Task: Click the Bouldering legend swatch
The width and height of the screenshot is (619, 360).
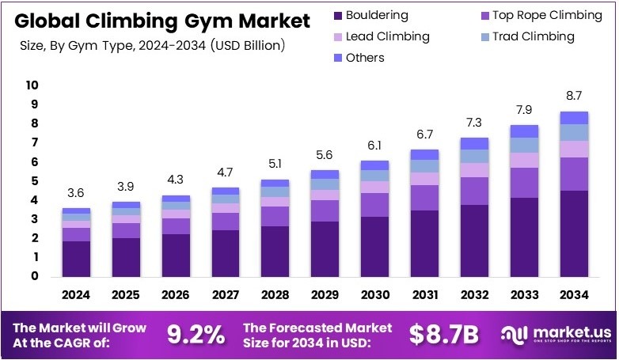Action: coord(340,15)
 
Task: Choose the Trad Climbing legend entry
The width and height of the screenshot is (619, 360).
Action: coord(533,36)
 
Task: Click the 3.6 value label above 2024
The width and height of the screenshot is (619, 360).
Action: coord(76,193)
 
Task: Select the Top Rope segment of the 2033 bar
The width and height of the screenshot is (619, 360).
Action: coord(525,182)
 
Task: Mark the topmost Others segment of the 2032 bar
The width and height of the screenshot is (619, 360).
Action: coord(475,143)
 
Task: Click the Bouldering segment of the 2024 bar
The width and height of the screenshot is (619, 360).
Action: coord(76,259)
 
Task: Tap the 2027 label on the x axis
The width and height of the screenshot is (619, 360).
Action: coord(226,295)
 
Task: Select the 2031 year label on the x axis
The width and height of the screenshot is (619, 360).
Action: coord(425,295)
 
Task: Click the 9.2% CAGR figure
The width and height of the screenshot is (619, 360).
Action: coord(196,335)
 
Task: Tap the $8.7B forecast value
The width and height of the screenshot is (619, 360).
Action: coord(443,335)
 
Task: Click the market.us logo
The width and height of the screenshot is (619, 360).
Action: coord(554,335)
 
